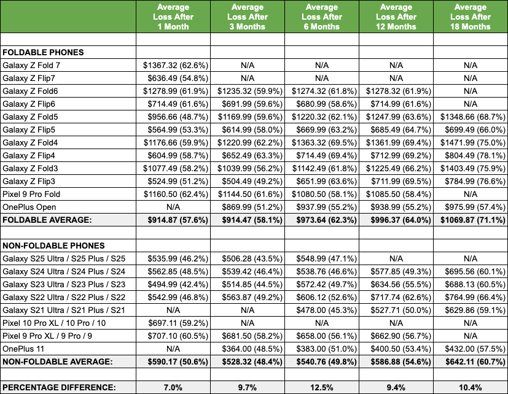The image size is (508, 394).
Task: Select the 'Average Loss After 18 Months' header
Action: click(471, 17)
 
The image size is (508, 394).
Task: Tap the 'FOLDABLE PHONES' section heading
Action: click(43, 53)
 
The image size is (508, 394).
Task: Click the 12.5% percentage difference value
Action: click(321, 387)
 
